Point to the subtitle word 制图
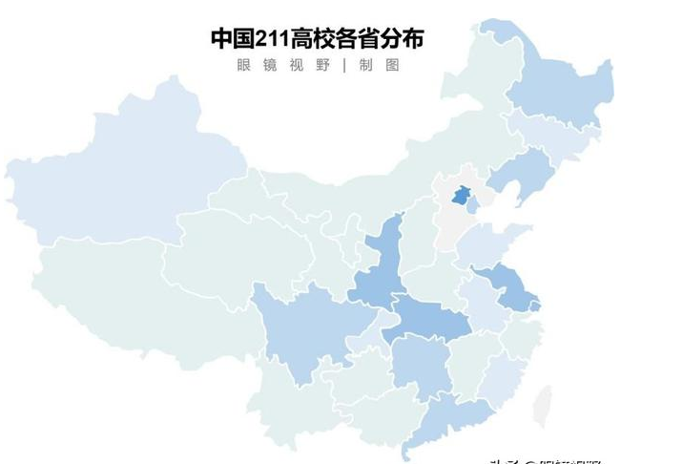click(379, 66)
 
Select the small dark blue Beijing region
click(461, 196)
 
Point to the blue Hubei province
click(424, 320)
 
